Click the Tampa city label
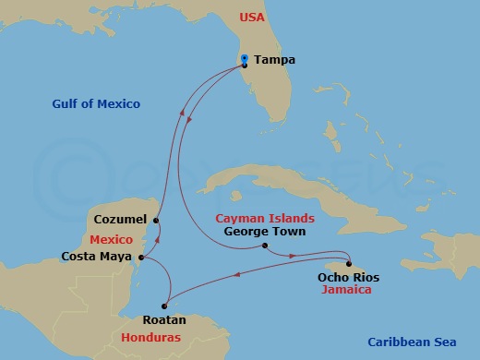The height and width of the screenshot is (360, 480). point(275,60)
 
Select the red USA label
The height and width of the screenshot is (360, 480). point(252,18)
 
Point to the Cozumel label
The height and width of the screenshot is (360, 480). point(120,221)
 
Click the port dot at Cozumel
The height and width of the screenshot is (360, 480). point(156,221)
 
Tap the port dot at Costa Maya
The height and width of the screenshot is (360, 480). point(140,257)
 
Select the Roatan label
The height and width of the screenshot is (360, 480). point(163,320)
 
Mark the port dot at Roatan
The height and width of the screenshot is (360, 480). point(163,306)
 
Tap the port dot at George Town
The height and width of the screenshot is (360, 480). point(264,246)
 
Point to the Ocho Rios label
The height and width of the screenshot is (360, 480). point(348,277)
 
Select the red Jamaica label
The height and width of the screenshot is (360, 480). point(347,290)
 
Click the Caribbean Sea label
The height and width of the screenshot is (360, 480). point(412,341)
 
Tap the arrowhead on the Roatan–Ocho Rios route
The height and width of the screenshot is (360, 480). point(242,273)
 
